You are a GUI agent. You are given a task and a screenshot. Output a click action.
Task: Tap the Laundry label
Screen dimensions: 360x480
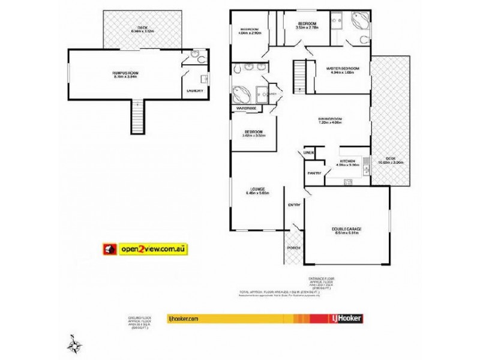tap(194, 91)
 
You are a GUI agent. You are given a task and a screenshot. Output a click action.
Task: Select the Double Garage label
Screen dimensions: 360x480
tap(346, 228)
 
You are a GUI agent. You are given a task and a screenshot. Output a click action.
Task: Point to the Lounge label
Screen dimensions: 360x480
tap(257, 190)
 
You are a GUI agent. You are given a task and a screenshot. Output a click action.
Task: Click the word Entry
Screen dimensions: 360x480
tap(294, 205)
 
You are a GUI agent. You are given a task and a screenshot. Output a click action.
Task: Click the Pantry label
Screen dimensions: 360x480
tap(314, 173)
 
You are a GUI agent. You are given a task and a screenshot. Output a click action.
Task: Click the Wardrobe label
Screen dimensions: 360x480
tap(246, 108)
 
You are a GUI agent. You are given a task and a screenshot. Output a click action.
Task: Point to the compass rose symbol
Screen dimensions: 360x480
tap(74, 344)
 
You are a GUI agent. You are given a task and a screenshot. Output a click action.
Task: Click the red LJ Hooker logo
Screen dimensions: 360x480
tap(346, 318)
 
